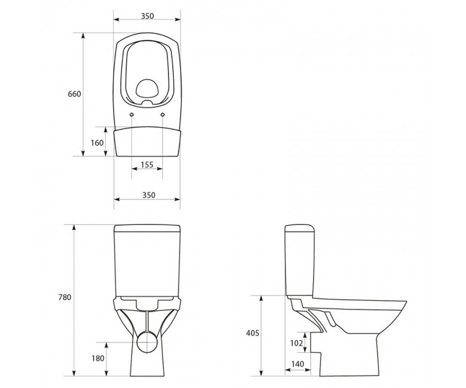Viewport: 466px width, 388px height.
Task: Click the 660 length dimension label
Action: coord(74,94)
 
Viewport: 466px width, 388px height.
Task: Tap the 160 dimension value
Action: coord(97,143)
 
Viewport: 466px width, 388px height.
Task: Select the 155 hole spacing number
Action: coord(147,164)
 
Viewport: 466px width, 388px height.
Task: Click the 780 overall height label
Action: coord(65,297)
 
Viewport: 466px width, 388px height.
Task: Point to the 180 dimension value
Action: coord(98,358)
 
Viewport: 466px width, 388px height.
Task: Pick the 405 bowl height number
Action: coord(252,333)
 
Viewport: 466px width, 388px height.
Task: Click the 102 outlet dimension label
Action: coord(296,343)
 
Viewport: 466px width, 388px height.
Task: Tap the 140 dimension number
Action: coord(298,364)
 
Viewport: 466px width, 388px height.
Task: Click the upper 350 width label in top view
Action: coord(148,16)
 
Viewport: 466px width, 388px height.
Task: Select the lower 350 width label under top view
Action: coord(149,195)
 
